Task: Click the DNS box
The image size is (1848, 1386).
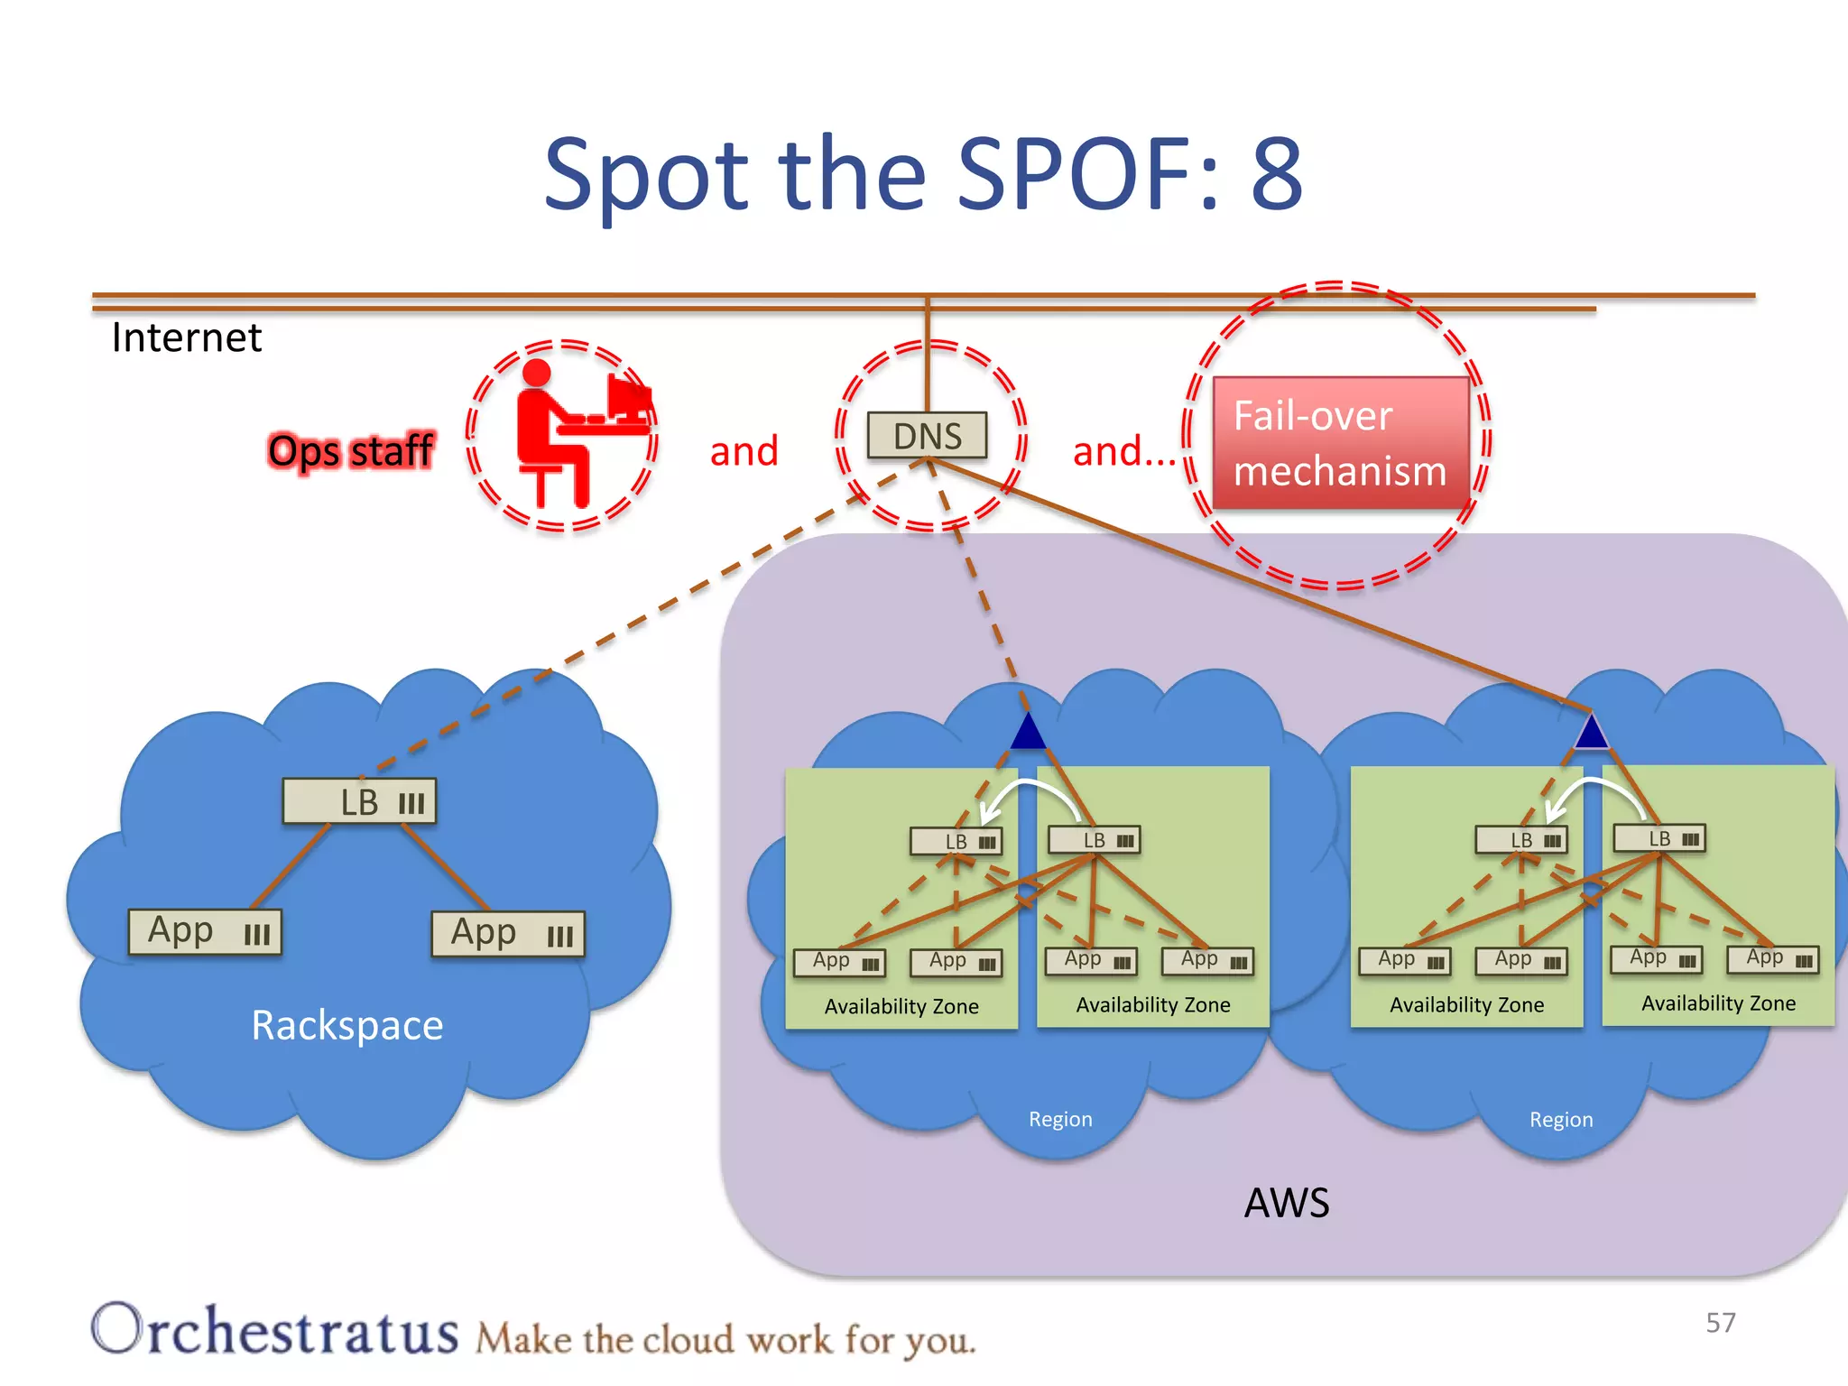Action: [927, 436]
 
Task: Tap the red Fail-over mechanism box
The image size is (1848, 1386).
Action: [1340, 443]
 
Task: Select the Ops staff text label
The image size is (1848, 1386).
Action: [351, 451]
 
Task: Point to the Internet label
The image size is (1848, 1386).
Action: [186, 338]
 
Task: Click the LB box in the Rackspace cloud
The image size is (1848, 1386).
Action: [359, 801]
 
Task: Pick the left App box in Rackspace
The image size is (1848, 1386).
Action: [205, 931]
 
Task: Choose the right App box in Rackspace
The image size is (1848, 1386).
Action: [507, 933]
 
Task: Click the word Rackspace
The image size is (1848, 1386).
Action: [347, 1025]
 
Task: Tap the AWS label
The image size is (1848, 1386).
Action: [1287, 1203]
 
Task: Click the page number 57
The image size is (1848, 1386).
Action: [1720, 1323]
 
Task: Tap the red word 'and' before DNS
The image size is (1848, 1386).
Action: [744, 451]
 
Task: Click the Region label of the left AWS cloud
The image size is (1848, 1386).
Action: [1060, 1120]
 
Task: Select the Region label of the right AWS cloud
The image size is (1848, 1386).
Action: [1561, 1120]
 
